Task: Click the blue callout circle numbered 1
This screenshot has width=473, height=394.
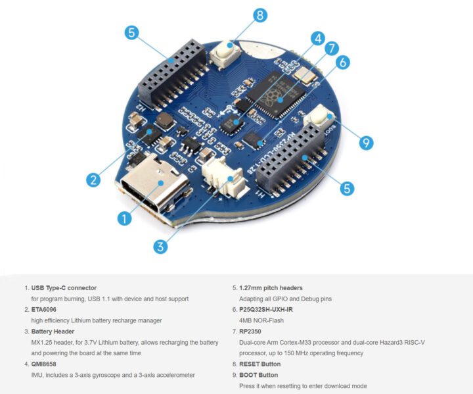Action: point(124,218)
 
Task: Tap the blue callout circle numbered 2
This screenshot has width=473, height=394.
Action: point(94,179)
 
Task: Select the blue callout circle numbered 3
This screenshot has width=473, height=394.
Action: point(160,247)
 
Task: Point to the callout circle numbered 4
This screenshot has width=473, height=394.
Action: point(317,38)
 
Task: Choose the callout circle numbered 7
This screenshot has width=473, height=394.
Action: point(332,48)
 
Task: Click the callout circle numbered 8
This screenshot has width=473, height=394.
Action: point(260,15)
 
